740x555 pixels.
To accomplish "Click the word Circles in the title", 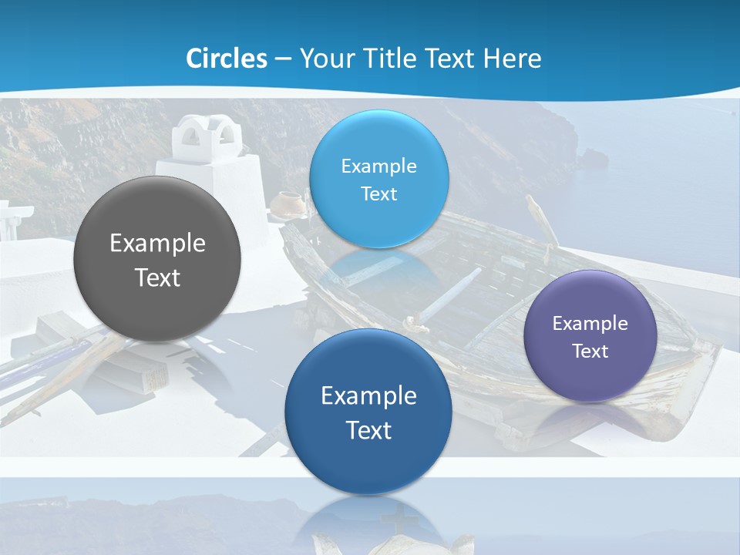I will [227, 58].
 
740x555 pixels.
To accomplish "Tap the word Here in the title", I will [513, 58].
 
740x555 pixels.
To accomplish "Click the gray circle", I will [157, 259].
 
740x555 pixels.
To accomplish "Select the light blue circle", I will [379, 179].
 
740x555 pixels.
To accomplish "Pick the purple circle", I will [590, 336].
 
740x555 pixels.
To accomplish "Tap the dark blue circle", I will [368, 412].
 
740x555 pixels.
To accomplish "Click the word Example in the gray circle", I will [157, 244].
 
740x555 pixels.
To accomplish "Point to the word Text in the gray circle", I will [157, 277].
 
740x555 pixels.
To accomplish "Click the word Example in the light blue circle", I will [379, 166].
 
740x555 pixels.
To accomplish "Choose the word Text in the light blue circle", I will [379, 193].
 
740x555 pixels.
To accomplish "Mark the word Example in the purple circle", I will [590, 323].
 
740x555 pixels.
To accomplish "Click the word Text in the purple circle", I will [590, 351].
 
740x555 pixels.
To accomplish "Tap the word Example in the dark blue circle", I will [368, 395].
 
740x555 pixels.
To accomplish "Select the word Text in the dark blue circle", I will [368, 430].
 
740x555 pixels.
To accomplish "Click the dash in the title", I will [283, 59].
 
